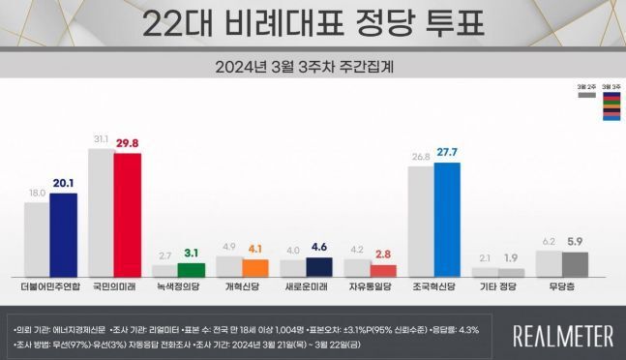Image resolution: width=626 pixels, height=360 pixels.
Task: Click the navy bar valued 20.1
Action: pyautogui.click(x=63, y=235)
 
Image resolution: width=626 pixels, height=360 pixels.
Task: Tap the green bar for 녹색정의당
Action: pyautogui.click(x=192, y=269)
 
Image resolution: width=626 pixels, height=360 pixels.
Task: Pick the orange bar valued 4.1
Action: pyautogui.click(x=255, y=266)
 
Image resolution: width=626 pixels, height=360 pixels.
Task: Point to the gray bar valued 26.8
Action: pyautogui.click(x=421, y=222)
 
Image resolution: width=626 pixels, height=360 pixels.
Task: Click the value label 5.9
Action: pyautogui.click(x=575, y=242)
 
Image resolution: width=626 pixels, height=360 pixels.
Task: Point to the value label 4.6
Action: pyautogui.click(x=319, y=246)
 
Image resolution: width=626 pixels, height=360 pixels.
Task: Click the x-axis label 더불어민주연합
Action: pyautogui.click(x=50, y=288)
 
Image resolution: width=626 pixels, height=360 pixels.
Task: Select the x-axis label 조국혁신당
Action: pyautogui.click(x=433, y=288)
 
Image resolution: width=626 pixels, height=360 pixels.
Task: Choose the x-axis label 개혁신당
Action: pyautogui.click(x=242, y=288)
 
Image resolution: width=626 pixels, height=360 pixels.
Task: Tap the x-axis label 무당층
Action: pyautogui.click(x=562, y=288)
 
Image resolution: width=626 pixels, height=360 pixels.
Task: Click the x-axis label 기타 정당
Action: pyautogui.click(x=498, y=288)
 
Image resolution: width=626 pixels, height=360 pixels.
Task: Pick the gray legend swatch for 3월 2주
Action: pyautogui.click(x=584, y=96)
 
